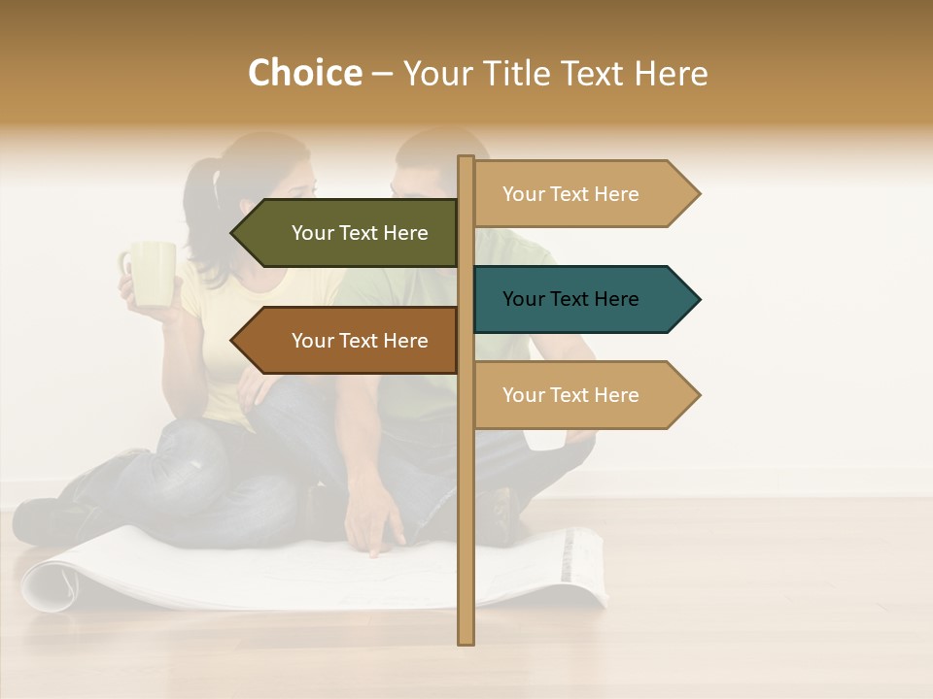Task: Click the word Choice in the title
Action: pos(304,74)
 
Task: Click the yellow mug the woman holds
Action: pos(153,274)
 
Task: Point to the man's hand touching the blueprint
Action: pos(373,534)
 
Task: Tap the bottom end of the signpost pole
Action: pos(466,638)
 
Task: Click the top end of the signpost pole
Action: pos(466,161)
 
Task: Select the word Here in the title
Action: pos(671,74)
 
